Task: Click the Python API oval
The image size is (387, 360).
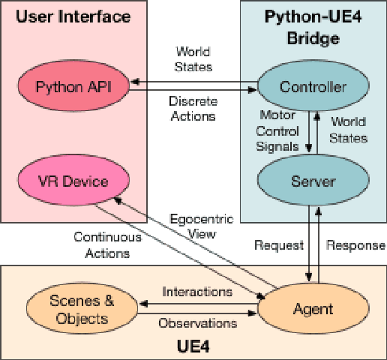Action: coord(73,86)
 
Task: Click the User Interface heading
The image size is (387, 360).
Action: coord(73,16)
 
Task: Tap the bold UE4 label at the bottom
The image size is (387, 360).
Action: coord(193,348)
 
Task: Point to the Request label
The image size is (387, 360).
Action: coord(278,245)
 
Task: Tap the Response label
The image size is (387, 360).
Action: coord(355,245)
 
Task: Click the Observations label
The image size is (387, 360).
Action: coord(196,323)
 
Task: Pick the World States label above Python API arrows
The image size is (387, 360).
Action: coord(193,58)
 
